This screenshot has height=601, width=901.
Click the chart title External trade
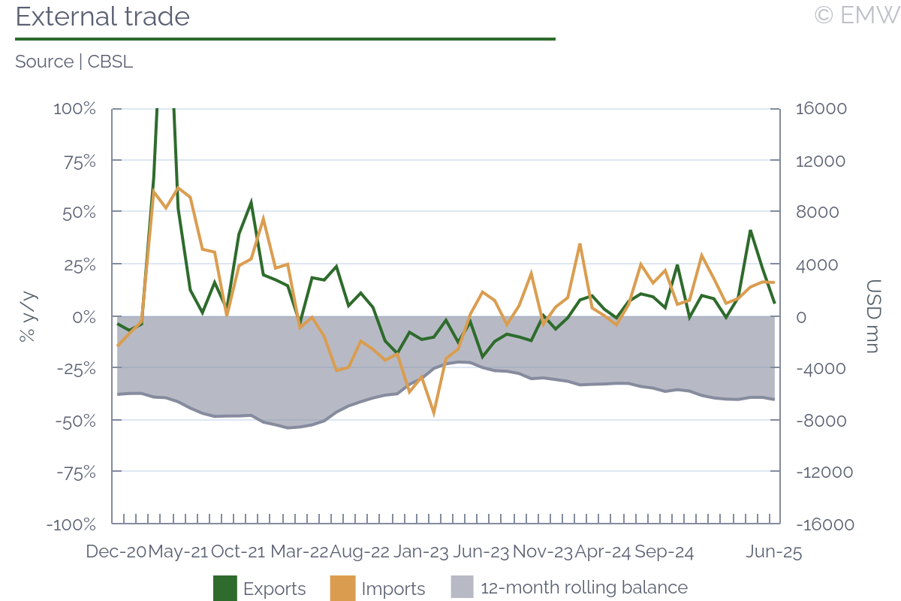[x=103, y=17]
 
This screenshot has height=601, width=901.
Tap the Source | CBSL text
[x=74, y=62]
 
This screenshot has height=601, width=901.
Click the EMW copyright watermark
[x=856, y=15]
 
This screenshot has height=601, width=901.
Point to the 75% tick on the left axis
[x=75, y=160]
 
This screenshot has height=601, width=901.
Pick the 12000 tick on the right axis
[x=820, y=160]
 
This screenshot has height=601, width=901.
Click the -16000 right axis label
[x=823, y=524]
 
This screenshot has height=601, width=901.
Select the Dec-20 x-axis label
[x=116, y=551]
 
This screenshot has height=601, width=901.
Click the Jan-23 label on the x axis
[x=421, y=551]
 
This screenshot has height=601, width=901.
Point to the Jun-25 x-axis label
[x=773, y=551]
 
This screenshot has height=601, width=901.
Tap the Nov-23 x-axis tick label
[x=542, y=551]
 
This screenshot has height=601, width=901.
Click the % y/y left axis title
[x=28, y=316]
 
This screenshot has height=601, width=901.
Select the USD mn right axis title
[x=873, y=316]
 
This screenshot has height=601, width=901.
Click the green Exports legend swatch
[x=225, y=588]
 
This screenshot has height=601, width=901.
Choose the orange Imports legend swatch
[x=343, y=588]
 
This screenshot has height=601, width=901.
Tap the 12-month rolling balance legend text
[x=583, y=587]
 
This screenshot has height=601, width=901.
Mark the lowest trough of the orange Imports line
[x=434, y=412]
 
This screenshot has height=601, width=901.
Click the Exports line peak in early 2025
[x=750, y=231]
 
